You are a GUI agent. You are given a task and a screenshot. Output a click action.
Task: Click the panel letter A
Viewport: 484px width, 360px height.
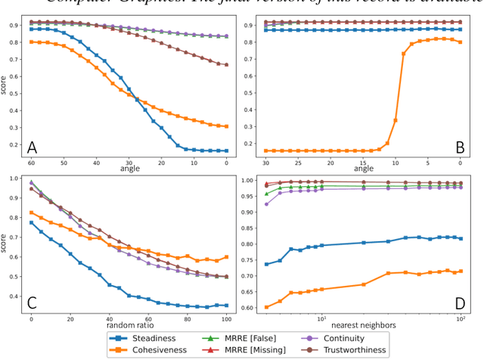tap(33, 147)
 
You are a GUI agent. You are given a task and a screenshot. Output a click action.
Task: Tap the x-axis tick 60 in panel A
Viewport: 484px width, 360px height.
tap(31, 163)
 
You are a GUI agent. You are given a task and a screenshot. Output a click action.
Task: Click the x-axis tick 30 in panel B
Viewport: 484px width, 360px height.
tap(265, 163)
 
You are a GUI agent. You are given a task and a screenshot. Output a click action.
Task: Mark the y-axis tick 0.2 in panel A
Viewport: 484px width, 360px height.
tap(14, 144)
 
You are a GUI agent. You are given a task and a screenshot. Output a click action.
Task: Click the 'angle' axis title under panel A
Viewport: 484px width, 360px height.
tap(129, 169)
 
